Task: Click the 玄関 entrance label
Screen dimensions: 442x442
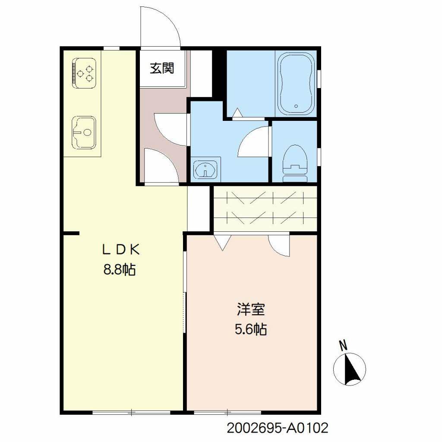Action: tap(162, 68)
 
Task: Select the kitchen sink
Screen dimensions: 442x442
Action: tap(84, 132)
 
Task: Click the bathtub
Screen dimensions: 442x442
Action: tap(297, 84)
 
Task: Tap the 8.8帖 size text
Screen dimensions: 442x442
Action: tap(120, 270)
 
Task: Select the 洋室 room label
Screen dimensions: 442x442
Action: tap(250, 310)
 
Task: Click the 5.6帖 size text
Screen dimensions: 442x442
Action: tap(250, 330)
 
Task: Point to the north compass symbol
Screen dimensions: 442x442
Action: tap(350, 369)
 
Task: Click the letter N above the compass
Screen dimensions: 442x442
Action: tap(344, 345)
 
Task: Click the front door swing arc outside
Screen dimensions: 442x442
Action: tap(160, 26)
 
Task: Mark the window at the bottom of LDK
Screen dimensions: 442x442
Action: tap(132, 413)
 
